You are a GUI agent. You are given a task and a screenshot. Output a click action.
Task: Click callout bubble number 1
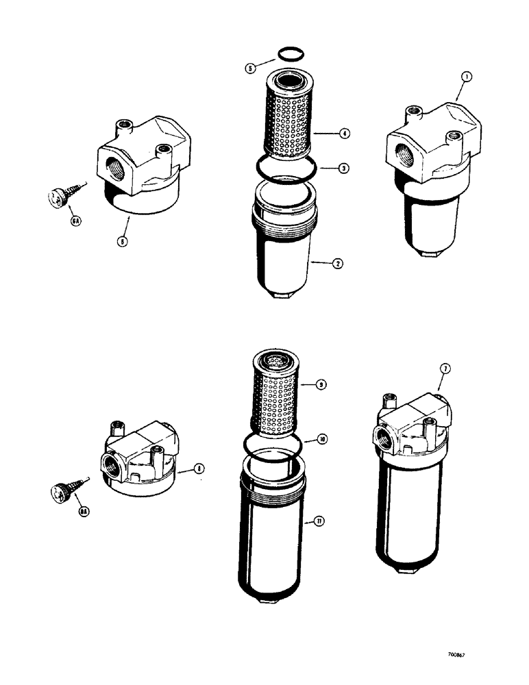pos(465,79)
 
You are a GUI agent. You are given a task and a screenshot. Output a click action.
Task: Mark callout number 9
pos(321,385)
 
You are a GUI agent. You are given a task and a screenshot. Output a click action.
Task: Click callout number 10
pos(321,439)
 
